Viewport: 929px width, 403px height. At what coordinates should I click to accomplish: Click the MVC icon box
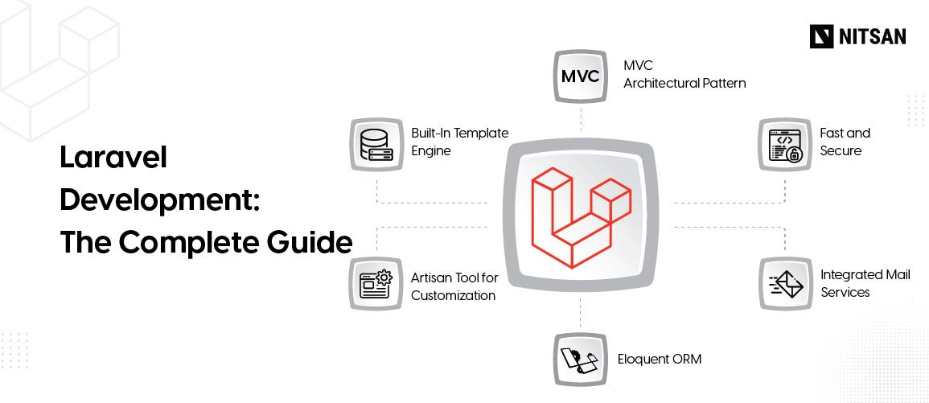coord(581,76)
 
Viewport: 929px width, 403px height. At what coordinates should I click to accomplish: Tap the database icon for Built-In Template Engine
coord(376,145)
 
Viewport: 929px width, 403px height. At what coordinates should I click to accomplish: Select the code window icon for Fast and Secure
coord(785,145)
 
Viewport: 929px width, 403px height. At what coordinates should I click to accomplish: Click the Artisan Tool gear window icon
coord(376,284)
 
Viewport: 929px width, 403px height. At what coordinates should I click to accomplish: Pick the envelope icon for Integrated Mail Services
coord(785,284)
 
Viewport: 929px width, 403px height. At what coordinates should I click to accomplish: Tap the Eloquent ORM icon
coord(581,360)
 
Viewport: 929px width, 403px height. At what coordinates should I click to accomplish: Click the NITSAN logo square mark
coord(821,36)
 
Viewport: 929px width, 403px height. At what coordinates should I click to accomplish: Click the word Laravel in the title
coord(113,158)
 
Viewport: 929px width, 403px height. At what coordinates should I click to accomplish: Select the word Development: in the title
coord(159,199)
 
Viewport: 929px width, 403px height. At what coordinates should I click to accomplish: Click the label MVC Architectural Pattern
coord(684,74)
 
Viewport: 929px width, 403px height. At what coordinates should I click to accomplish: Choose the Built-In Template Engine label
coord(459,142)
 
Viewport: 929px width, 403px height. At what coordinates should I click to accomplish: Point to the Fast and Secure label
coord(845,142)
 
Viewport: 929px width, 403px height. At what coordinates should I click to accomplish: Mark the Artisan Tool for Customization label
coord(454,286)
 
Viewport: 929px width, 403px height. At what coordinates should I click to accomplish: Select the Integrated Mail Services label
coord(865,283)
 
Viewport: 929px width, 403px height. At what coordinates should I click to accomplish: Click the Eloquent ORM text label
coord(659,359)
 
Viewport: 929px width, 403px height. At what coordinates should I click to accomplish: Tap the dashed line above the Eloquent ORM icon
coord(581,314)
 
